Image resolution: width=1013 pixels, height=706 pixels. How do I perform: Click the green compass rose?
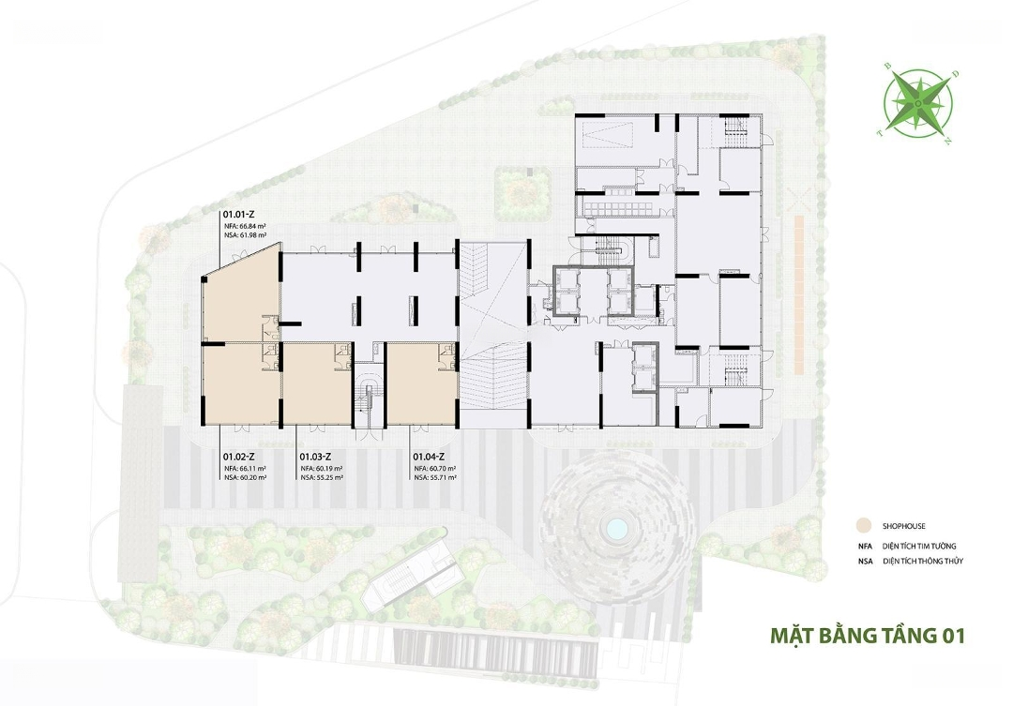pos(917,102)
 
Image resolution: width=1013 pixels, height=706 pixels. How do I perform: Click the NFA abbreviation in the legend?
pos(865,547)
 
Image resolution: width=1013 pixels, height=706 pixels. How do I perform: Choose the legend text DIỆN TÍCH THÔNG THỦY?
pos(923,562)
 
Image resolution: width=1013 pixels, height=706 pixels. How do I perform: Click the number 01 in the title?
pos(954,636)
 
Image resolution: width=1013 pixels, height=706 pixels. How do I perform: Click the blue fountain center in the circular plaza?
pos(615,530)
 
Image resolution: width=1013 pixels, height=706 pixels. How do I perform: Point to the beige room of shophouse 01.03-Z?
pos(318,385)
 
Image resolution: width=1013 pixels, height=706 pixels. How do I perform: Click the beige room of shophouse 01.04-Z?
pos(422,385)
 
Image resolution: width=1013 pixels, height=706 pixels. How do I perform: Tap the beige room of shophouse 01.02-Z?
pos(241,385)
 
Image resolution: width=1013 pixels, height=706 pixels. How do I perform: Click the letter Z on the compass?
pos(947,142)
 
